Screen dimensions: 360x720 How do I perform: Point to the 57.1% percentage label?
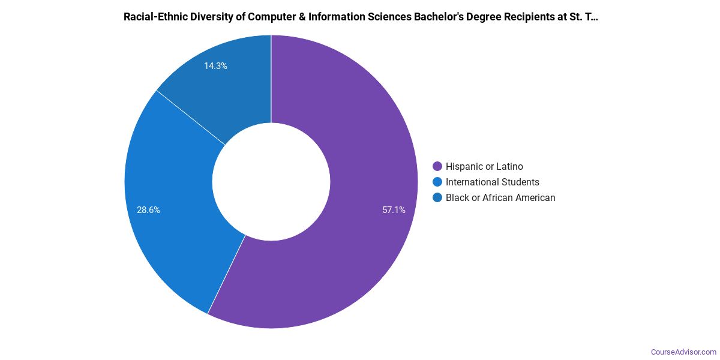coord(394,210)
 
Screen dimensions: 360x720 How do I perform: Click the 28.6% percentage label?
coord(148,210)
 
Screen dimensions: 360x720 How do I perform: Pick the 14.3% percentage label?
coord(215,66)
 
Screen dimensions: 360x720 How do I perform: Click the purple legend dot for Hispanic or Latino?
coord(437,166)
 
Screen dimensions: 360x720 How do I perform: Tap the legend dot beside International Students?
coord(437,182)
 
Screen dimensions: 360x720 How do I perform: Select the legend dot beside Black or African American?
coord(437,197)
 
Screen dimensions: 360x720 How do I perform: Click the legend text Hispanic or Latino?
coord(484,166)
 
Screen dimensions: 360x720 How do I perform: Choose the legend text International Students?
coord(492,182)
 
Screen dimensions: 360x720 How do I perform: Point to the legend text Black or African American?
coord(500,197)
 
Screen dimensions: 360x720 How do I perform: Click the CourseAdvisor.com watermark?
coord(683,352)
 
